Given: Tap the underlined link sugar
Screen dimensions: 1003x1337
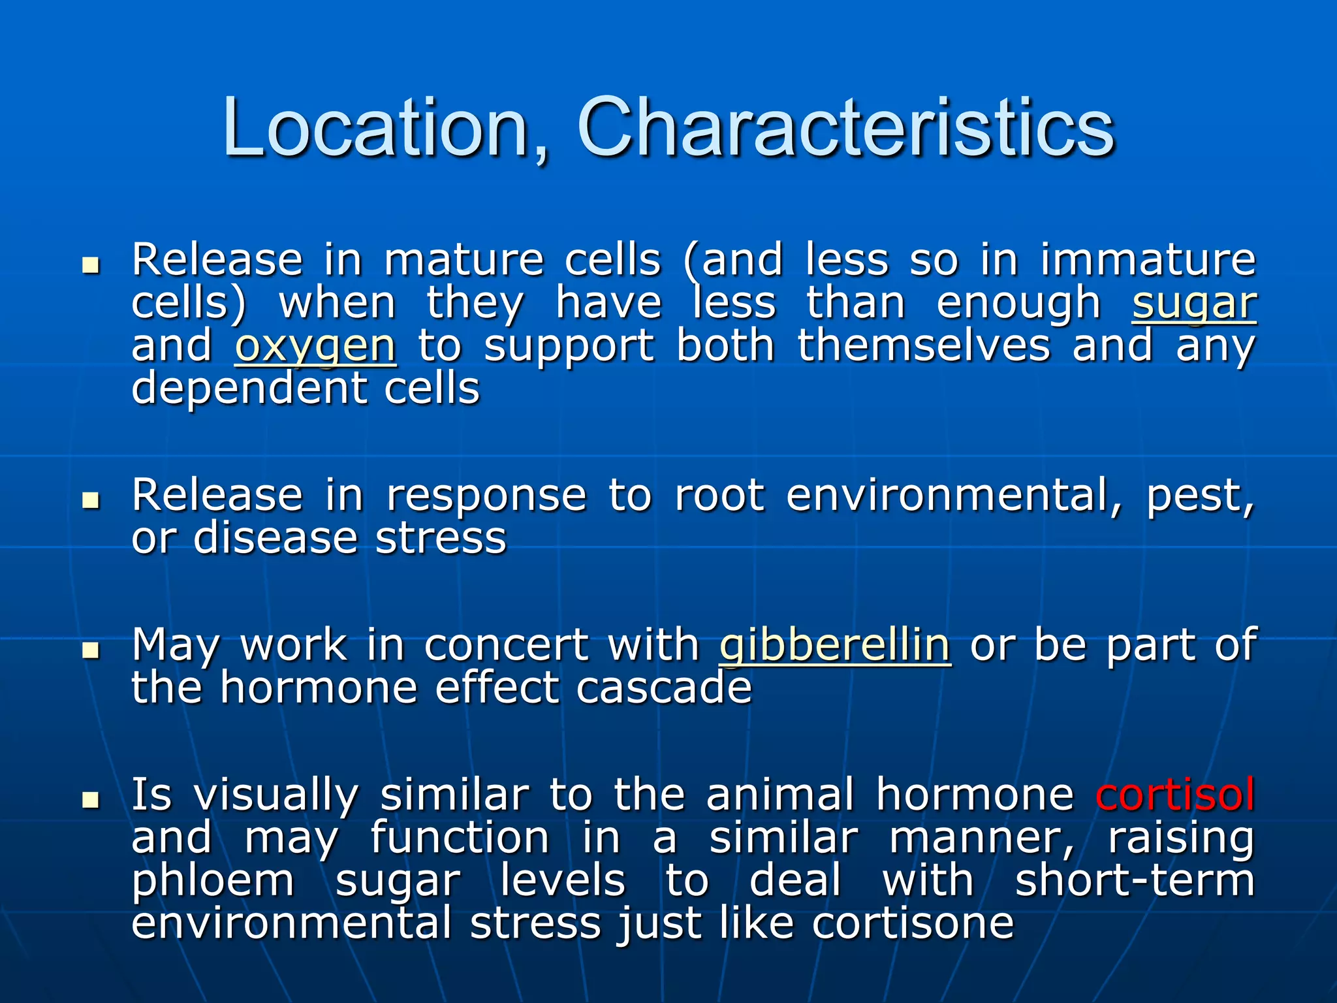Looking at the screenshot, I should point(1194,304).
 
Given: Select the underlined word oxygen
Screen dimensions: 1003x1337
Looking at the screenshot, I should point(315,347).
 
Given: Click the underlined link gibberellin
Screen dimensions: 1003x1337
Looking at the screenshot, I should point(834,645).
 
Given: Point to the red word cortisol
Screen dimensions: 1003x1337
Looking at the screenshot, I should point(1175,795).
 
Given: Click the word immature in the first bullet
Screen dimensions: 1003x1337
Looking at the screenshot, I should point(1148,260).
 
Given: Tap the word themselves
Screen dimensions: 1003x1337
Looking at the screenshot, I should point(924,345).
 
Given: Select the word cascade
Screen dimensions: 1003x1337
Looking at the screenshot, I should point(664,688).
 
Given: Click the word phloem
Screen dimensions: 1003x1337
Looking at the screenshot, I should point(213,882).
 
